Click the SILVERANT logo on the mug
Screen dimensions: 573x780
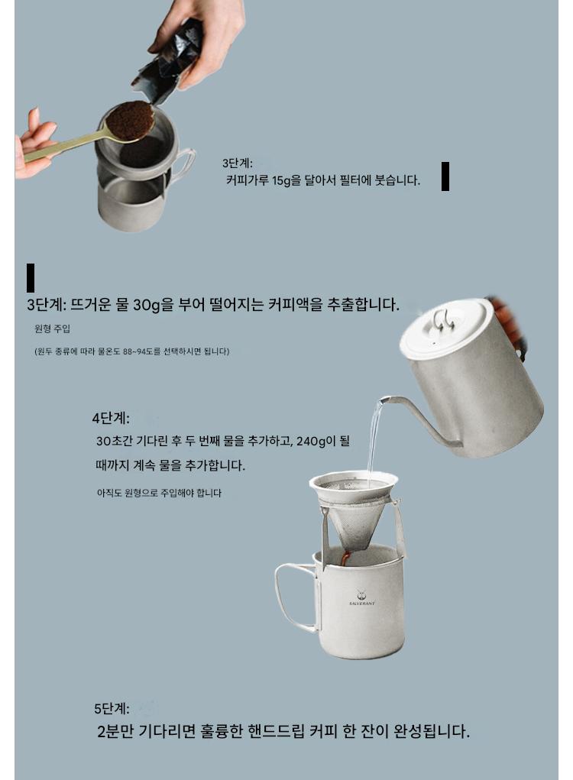(x=361, y=598)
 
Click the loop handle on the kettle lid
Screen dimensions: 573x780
(x=443, y=319)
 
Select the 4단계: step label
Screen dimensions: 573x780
(x=111, y=419)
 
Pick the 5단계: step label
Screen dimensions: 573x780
(x=112, y=708)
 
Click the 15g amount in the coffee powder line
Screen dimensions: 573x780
(x=281, y=180)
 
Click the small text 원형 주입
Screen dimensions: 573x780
(x=52, y=329)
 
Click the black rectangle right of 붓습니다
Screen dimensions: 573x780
(x=445, y=176)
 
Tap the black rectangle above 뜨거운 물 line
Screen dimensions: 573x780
(x=31, y=277)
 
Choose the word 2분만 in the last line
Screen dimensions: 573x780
(x=116, y=731)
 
